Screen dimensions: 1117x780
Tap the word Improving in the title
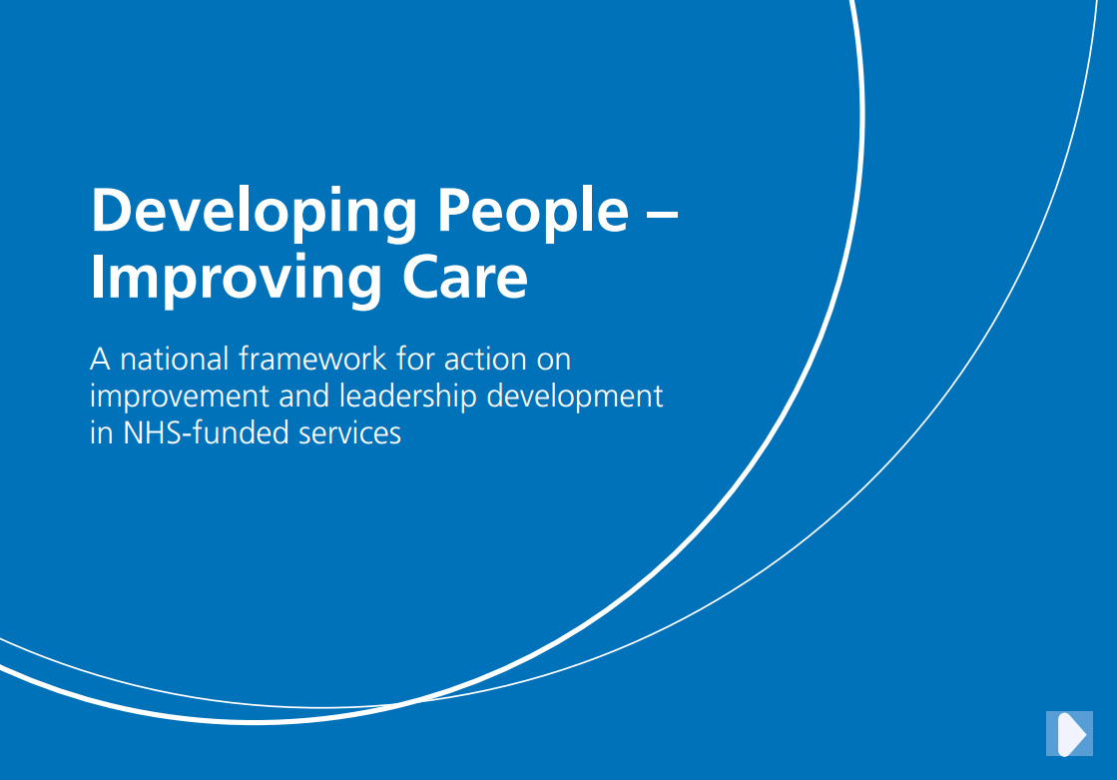[x=236, y=279]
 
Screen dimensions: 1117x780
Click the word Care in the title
[x=464, y=278]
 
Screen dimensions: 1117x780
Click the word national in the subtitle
[x=174, y=359]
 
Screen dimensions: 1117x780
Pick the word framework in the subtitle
[x=312, y=359]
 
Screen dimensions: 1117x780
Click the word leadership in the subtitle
[x=407, y=396]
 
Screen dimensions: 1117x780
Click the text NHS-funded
[x=206, y=432]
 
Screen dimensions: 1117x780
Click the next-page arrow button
[x=1069, y=733]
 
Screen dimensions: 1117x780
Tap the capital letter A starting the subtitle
[x=101, y=359]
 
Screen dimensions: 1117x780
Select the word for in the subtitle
[x=415, y=359]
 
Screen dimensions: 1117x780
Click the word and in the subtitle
[x=303, y=396]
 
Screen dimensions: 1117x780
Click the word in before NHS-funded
[x=102, y=432]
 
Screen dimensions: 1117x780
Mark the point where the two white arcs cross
[x=403, y=704]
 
